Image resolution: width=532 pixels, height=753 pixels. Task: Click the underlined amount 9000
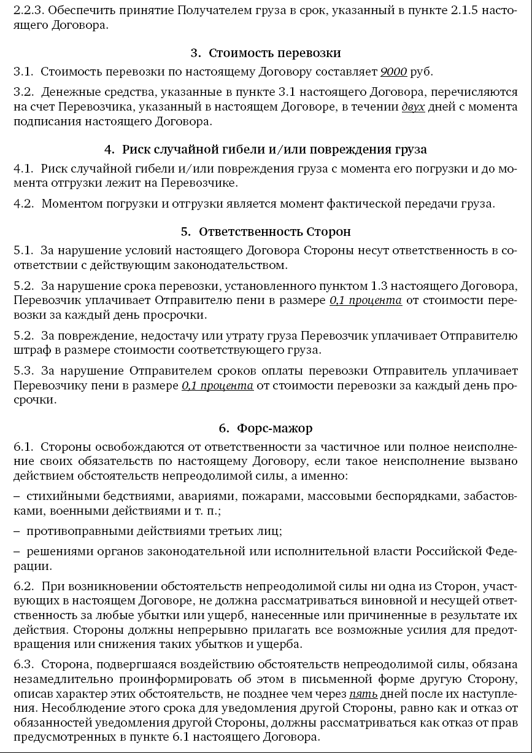tap(393, 72)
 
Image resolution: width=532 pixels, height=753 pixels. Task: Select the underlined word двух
tap(414, 107)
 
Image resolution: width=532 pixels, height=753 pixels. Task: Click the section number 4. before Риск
tap(110, 149)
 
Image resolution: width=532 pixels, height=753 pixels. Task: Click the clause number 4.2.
tap(23, 204)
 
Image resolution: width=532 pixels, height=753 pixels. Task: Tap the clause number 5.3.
tap(23, 372)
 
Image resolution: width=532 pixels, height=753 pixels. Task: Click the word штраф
tap(29, 351)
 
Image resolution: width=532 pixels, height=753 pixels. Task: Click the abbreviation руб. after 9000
tap(422, 72)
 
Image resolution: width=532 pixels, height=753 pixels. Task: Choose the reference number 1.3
tap(380, 286)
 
